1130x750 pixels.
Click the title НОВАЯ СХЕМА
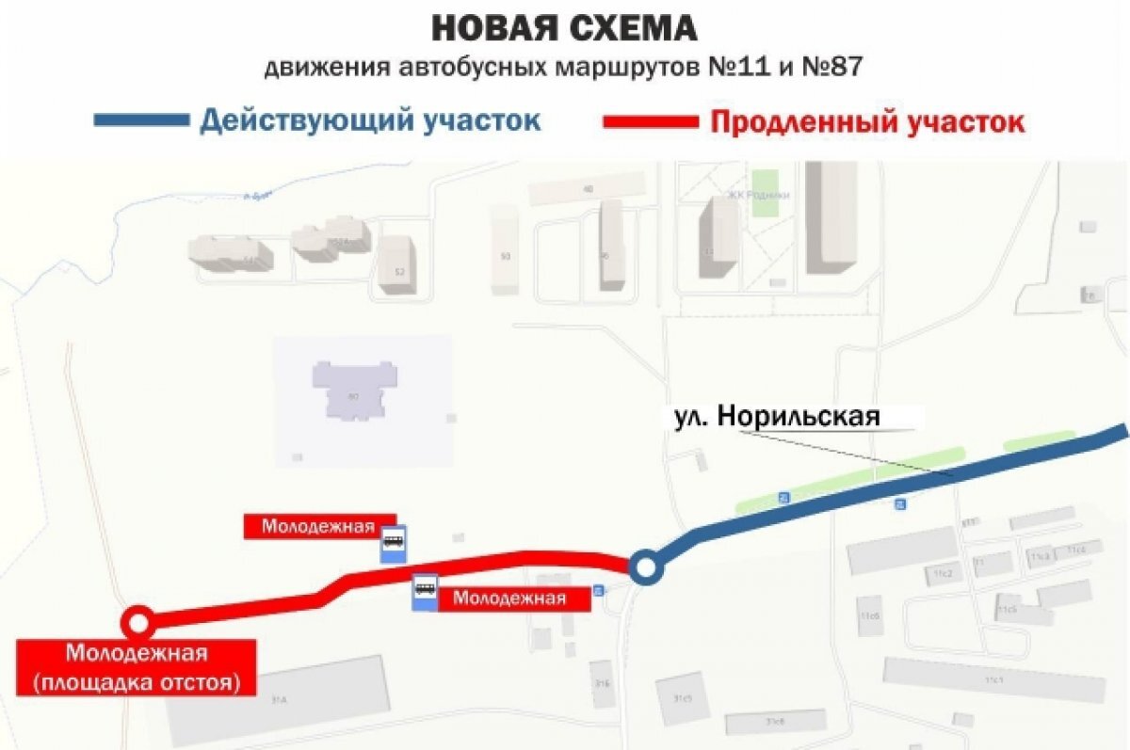(565, 28)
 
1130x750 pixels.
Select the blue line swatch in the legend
(141, 120)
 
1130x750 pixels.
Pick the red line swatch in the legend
(651, 121)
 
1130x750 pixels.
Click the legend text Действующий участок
(370, 121)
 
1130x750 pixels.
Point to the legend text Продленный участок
(866, 122)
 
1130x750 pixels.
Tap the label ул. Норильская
(777, 417)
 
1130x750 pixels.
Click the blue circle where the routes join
(646, 567)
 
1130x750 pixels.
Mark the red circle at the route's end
(138, 622)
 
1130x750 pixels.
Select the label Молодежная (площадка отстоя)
(136, 667)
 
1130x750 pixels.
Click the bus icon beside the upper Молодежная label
(393, 542)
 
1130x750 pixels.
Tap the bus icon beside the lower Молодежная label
(425, 591)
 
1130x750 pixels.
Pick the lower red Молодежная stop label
(509, 598)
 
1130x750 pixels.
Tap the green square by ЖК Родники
(765, 192)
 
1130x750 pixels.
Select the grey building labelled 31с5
(682, 698)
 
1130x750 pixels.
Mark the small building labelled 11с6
(869, 616)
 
